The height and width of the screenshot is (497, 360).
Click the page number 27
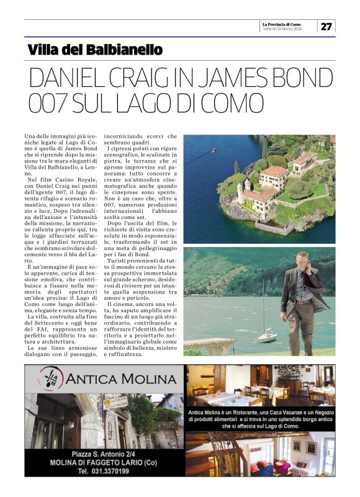(326, 26)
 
